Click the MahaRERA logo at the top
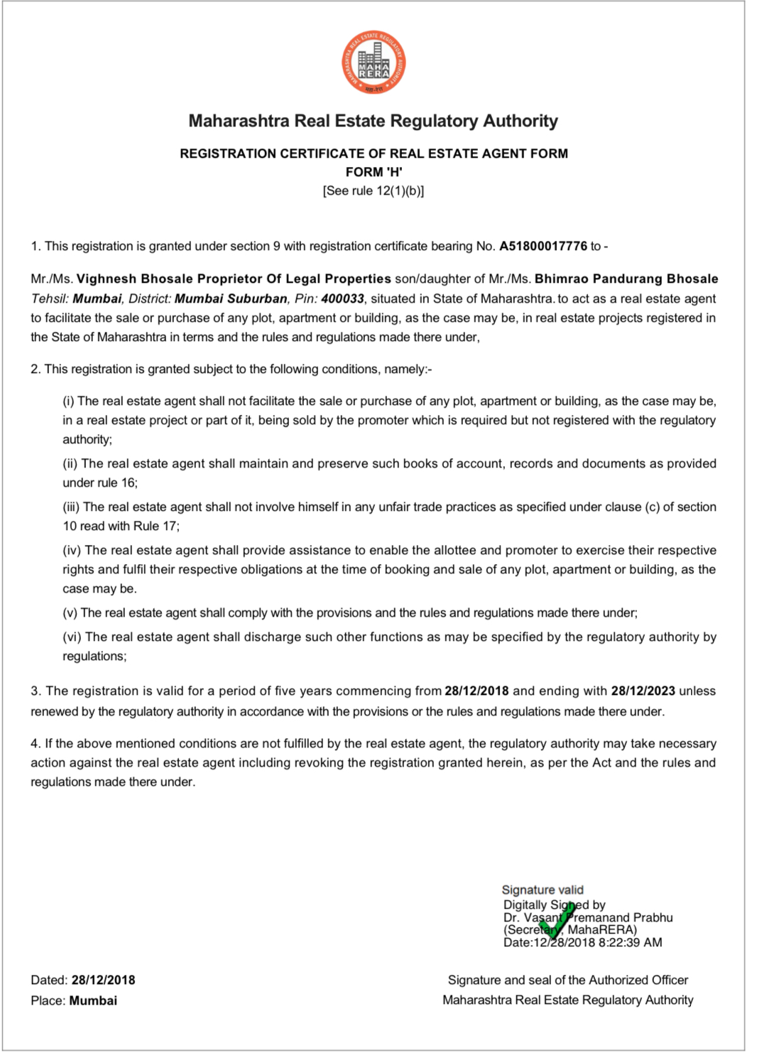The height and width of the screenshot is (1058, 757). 374,64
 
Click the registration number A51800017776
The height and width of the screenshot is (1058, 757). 543,247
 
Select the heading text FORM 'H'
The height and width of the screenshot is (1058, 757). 374,172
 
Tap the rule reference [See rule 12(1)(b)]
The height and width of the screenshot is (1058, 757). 374,190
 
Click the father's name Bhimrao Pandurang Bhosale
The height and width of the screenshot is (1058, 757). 626,279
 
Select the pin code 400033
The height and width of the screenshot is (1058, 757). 342,299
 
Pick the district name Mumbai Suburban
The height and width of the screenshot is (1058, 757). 231,299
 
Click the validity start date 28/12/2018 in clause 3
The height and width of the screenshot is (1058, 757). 476,691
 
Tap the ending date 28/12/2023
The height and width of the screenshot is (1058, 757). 643,691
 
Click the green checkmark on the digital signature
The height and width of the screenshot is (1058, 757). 556,923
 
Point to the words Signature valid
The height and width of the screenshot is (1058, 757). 543,890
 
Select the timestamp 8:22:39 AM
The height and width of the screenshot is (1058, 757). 631,943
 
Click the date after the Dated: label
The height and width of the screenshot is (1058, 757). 103,981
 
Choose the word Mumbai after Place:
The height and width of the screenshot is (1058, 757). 93,1001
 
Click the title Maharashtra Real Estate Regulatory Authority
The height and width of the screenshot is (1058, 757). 374,122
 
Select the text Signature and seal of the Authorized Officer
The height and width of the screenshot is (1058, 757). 568,981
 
